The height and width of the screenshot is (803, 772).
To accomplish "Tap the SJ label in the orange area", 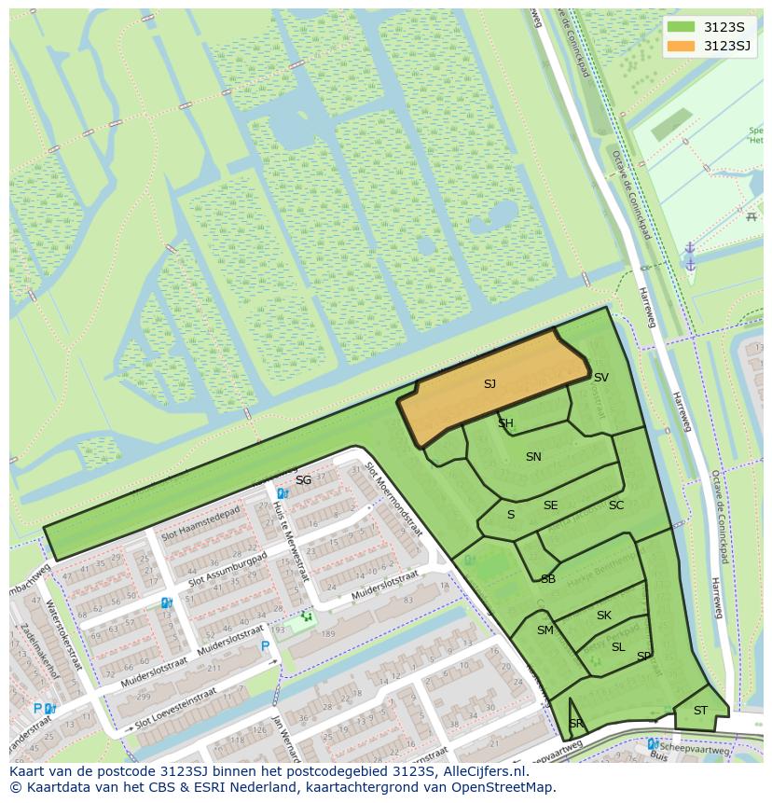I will [489, 383].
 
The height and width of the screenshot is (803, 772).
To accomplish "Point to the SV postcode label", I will [601, 378].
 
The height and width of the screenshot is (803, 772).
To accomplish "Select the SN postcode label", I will [533, 457].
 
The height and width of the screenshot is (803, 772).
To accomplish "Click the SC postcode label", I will [616, 505].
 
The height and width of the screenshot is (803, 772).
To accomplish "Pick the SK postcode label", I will [604, 616].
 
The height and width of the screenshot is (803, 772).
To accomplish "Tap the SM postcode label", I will [545, 630].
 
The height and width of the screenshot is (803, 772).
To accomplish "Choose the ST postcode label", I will [700, 711].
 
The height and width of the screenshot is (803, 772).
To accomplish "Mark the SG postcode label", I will [303, 480].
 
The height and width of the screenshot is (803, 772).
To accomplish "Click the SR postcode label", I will [576, 724].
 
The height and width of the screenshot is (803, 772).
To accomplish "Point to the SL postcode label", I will [618, 647].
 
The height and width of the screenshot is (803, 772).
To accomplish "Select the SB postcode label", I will [548, 579].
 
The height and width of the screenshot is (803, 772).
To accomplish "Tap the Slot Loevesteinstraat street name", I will [183, 716].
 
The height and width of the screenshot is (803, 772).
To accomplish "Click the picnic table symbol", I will [751, 216].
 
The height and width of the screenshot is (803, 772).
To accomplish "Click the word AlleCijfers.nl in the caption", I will [483, 772].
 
